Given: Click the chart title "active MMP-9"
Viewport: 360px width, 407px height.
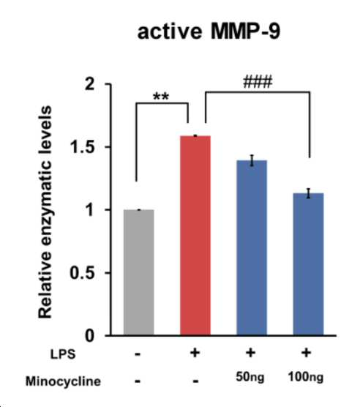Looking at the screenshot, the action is click(x=209, y=31).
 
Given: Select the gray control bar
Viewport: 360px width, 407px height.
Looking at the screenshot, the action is click(x=139, y=272).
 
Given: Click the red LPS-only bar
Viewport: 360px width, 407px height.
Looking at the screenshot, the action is click(x=195, y=236).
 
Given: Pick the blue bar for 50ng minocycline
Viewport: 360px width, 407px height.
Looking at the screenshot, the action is click(x=252, y=247).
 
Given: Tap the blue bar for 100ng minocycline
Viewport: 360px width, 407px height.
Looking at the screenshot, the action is click(x=308, y=264).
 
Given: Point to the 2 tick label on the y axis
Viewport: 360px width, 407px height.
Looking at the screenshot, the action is click(x=90, y=84).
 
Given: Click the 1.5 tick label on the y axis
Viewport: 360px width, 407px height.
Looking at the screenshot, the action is click(x=83, y=147).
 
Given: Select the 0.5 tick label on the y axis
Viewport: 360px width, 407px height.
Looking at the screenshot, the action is click(x=82, y=273).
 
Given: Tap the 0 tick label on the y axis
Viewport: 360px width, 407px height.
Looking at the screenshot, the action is click(x=90, y=336).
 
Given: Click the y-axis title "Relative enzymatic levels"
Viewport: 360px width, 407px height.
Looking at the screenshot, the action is click(x=45, y=212).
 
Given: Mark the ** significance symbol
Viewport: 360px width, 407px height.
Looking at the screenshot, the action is click(x=161, y=97).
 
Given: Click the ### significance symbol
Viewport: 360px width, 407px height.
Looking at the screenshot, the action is click(x=258, y=82).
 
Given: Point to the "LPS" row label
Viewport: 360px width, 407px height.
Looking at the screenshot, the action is click(x=63, y=354).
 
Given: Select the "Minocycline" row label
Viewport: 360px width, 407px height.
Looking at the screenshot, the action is click(x=63, y=381).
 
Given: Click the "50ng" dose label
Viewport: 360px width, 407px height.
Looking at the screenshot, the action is click(x=250, y=377).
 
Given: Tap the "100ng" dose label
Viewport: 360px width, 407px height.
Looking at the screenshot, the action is click(x=306, y=377).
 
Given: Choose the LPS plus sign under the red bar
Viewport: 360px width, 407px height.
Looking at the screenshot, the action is click(x=195, y=353).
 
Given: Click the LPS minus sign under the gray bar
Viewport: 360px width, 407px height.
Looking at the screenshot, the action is click(x=138, y=354).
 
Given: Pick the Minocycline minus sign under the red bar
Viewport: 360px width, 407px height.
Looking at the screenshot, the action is click(x=195, y=381).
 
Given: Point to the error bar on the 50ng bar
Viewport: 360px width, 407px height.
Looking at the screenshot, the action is click(x=252, y=160).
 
